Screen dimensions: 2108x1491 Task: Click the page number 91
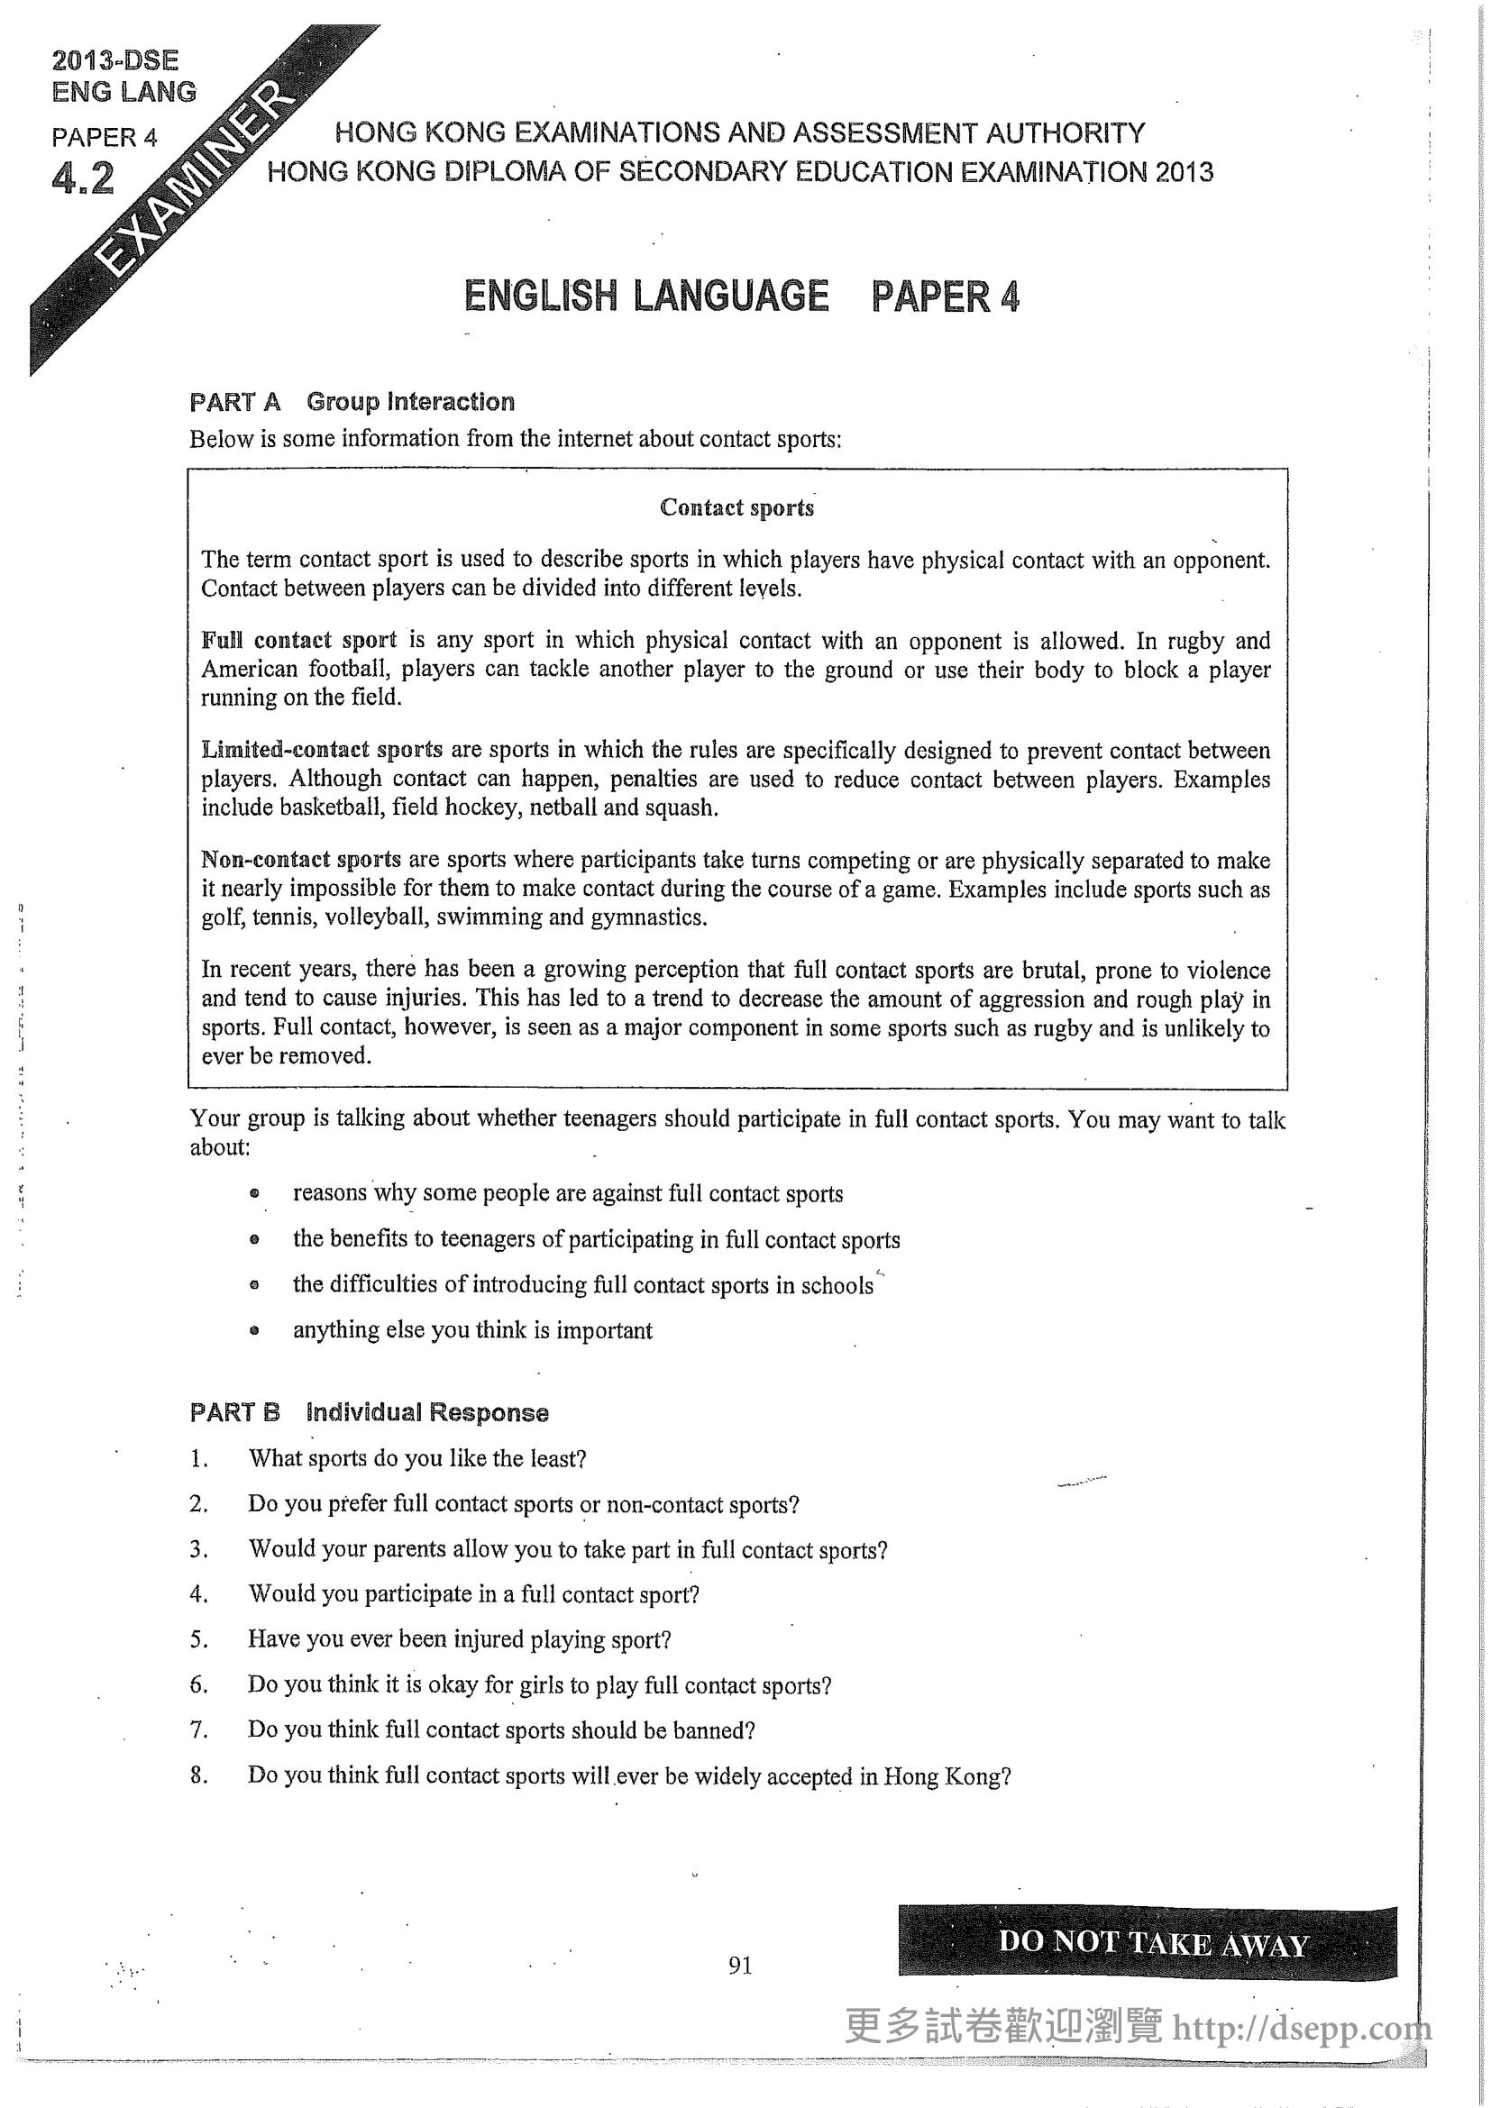coord(740,1964)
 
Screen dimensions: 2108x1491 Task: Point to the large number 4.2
coord(84,178)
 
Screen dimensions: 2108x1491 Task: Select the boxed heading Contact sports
coord(736,507)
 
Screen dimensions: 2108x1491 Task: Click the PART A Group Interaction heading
coord(352,401)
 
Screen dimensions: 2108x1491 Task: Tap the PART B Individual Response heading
coord(369,1412)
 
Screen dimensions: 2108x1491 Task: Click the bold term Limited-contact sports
coord(321,749)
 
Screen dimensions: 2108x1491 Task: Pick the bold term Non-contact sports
coord(301,860)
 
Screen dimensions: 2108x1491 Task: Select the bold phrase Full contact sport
coord(298,640)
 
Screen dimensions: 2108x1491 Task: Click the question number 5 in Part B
coord(198,1639)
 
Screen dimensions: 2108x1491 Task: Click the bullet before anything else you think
coord(254,1329)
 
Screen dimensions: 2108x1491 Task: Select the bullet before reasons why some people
coord(254,1193)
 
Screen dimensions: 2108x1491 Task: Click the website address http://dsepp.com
coord(1301,2026)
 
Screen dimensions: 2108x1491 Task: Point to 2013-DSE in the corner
coord(115,60)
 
